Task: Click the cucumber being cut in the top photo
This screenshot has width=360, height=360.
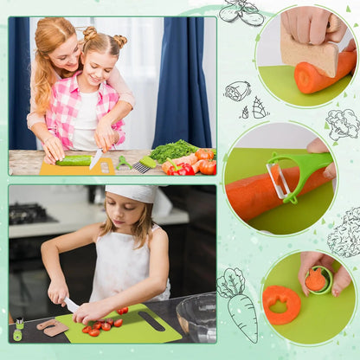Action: (x=74, y=160)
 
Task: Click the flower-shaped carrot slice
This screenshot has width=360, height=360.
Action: (x=281, y=304)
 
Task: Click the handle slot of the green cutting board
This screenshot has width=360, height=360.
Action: (x=151, y=320)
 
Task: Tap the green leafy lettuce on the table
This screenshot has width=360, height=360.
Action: (x=172, y=151)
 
